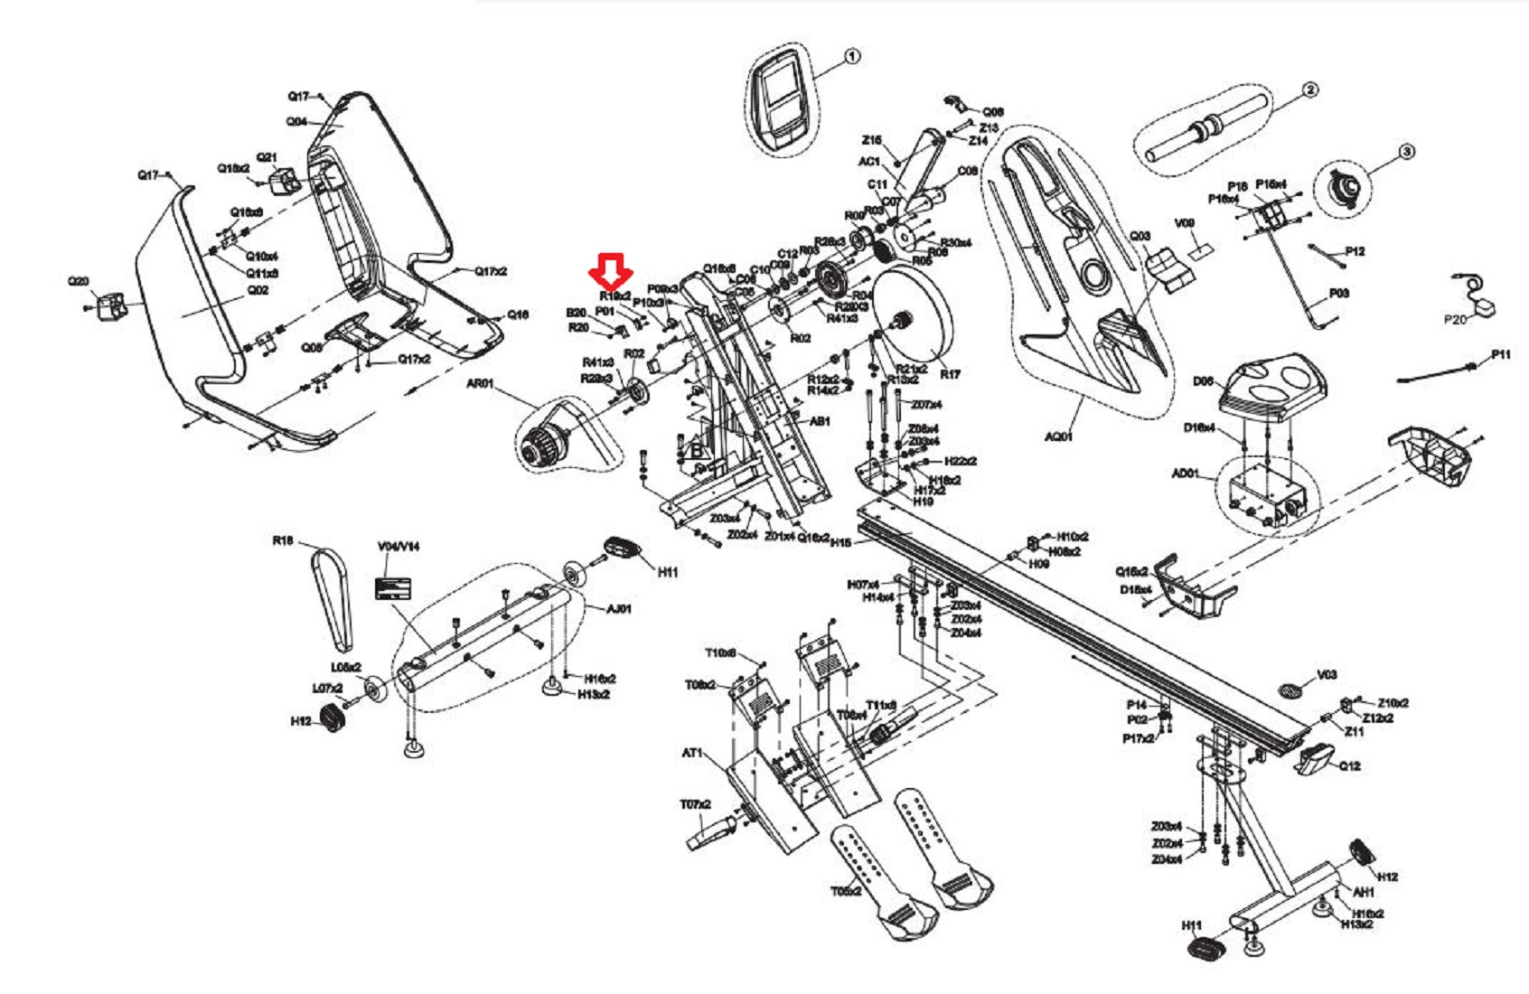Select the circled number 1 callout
(851, 57)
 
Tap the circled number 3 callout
(1405, 153)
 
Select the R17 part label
(950, 374)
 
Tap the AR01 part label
(480, 384)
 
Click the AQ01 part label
(1058, 436)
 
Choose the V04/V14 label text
(399, 547)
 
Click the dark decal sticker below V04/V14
(393, 588)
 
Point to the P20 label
(1455, 320)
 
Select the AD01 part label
(1185, 474)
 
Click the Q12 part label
(1349, 766)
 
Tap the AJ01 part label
(619, 609)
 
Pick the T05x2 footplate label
(847, 892)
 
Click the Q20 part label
(79, 281)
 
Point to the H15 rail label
(840, 542)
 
